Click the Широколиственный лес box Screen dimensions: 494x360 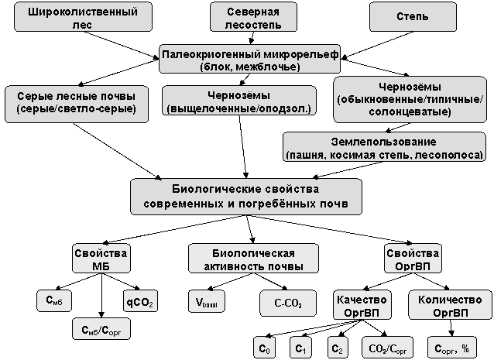(x=83, y=17)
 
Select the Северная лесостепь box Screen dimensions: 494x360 (x=254, y=17)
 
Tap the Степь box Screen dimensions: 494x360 (x=413, y=17)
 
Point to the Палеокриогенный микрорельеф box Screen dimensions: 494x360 (x=250, y=59)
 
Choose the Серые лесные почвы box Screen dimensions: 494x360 (x=77, y=104)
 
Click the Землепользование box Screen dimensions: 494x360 (x=384, y=147)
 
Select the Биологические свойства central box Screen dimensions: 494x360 (x=246, y=197)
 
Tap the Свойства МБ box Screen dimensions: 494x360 (x=101, y=259)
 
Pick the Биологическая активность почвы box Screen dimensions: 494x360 (x=254, y=259)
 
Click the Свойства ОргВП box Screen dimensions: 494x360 (x=413, y=259)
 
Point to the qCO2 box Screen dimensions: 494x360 (x=140, y=301)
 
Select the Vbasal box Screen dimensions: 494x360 (x=207, y=301)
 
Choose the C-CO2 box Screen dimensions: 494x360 (x=288, y=303)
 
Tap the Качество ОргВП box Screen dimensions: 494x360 (x=362, y=305)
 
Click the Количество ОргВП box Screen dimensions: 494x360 (x=450, y=305)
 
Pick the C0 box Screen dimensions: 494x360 (x=264, y=348)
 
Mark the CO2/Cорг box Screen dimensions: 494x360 (x=388, y=348)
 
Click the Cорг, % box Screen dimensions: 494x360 (x=451, y=348)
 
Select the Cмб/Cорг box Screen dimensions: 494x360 (x=101, y=329)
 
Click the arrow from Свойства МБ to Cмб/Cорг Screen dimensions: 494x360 (x=101, y=296)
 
